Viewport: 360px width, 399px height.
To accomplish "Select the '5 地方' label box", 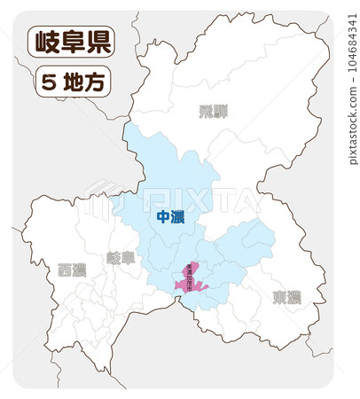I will [72, 82].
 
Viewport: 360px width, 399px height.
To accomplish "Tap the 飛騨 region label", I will [214, 111].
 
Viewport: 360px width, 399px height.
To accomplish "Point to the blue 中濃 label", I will [169, 217].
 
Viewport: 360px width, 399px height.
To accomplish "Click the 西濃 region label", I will [72, 270].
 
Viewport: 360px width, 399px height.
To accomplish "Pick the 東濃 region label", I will [286, 297].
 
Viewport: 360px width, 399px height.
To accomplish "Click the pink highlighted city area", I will [190, 281].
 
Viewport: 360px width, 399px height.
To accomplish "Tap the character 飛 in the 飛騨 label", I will [206, 111].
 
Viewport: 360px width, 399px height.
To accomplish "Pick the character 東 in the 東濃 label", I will [278, 297].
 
